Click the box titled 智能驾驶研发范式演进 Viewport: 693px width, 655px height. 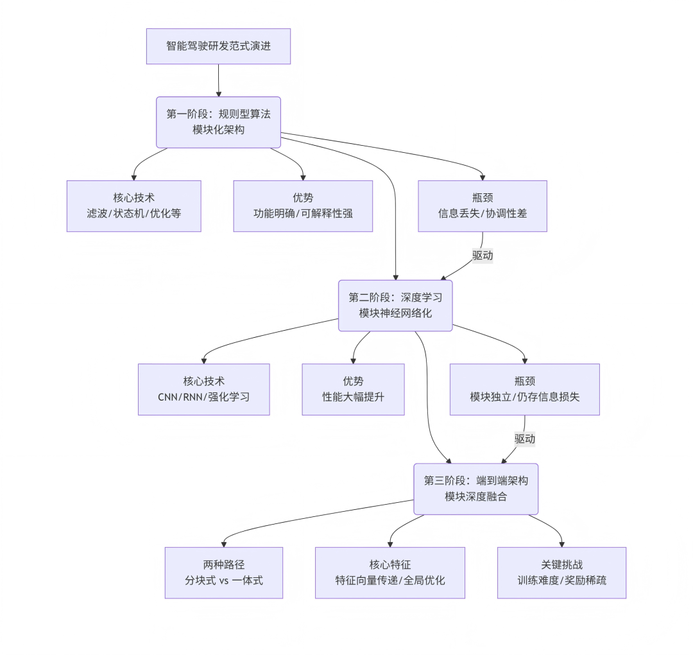click(218, 46)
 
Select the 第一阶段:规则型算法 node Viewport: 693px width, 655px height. click(218, 122)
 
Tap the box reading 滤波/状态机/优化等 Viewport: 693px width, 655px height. click(133, 206)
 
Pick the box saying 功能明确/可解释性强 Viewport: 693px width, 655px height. click(303, 206)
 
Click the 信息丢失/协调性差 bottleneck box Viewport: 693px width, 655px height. click(483, 206)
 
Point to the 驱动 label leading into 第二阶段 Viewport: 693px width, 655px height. click(483, 255)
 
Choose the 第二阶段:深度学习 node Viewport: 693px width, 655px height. click(395, 306)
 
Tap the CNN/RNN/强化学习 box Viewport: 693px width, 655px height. click(203, 389)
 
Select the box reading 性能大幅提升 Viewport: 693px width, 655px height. click(353, 389)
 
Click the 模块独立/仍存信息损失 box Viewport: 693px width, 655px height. click(524, 389)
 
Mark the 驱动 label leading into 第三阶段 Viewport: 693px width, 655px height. click(524, 439)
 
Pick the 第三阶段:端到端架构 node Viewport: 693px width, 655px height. click(475, 489)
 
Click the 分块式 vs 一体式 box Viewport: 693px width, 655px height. click(223, 573)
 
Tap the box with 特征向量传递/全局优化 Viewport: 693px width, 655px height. click(389, 573)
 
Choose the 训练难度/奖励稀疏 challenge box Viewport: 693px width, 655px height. click(561, 573)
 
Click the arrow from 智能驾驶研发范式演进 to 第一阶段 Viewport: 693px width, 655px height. click(218, 80)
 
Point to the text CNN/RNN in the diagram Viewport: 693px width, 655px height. click(180, 397)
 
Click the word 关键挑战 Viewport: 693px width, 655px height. click(561, 564)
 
